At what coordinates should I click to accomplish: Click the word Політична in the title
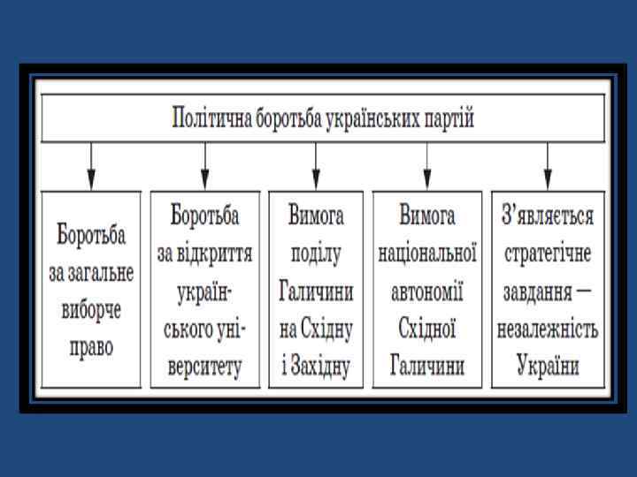208,118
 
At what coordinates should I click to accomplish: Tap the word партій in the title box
444,118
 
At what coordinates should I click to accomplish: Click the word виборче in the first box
91,310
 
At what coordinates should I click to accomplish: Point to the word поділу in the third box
316,254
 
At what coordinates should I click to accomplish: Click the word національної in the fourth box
427,254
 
